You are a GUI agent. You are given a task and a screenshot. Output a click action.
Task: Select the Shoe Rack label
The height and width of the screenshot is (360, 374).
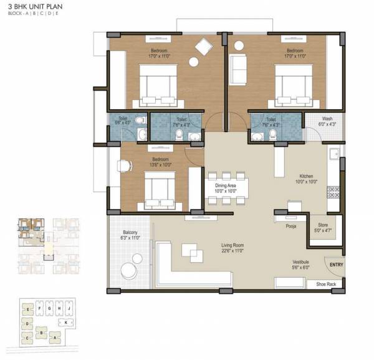[327, 284]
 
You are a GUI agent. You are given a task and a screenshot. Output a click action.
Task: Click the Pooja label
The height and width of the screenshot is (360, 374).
[291, 226]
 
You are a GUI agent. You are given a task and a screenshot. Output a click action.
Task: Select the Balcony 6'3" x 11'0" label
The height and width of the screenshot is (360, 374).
[130, 238]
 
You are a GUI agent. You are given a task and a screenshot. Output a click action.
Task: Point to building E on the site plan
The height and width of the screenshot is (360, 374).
[29, 308]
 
